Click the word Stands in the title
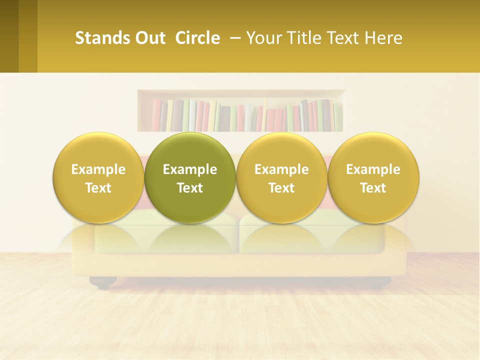[98, 38]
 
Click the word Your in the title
[262, 38]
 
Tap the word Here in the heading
[383, 38]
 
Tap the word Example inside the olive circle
[190, 169]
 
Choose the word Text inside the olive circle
[190, 188]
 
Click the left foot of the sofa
[104, 283]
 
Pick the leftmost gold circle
[98, 177]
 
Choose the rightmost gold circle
[373, 177]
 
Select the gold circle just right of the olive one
[281, 177]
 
